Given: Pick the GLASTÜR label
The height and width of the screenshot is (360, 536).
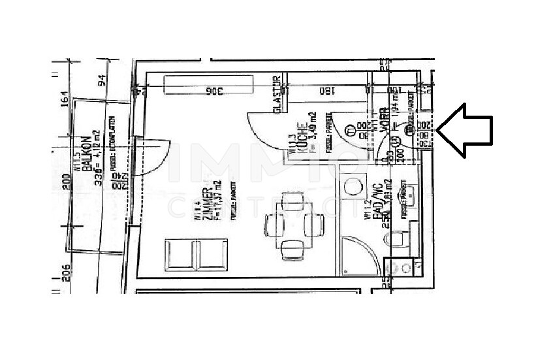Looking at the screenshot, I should (x=277, y=97).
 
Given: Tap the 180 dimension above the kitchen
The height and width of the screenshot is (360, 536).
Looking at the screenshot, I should (x=326, y=91).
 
